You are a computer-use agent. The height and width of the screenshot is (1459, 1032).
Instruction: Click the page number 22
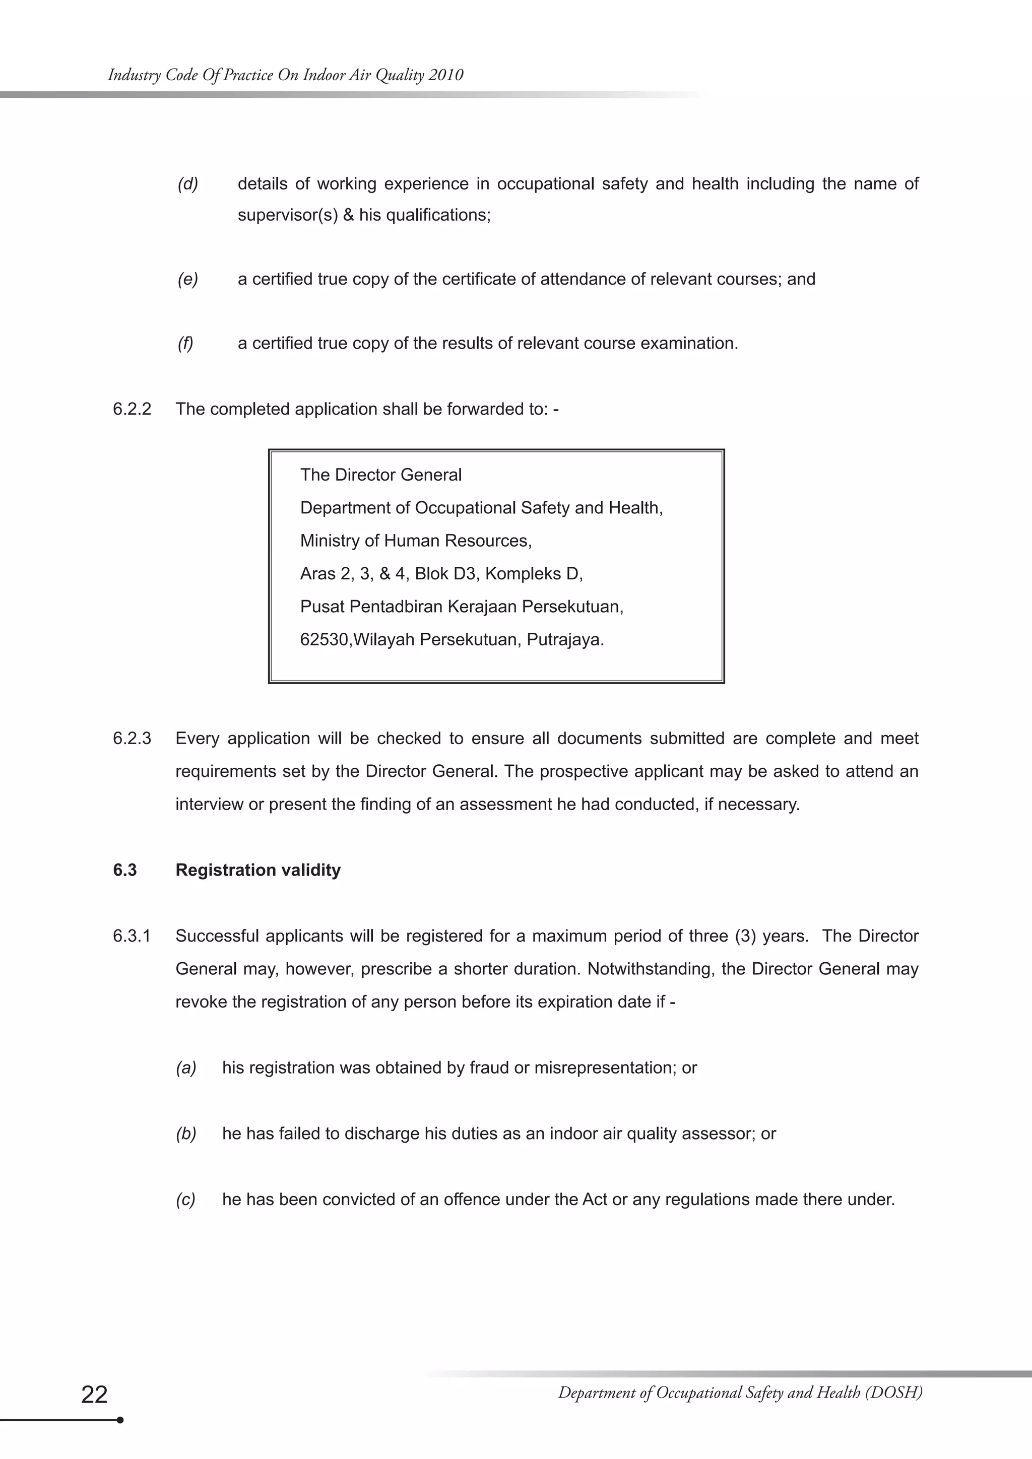point(95,1394)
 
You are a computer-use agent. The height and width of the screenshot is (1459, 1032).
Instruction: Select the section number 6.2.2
point(132,409)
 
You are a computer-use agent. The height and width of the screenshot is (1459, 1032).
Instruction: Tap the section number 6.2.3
point(132,739)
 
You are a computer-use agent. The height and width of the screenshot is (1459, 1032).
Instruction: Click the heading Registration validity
point(258,870)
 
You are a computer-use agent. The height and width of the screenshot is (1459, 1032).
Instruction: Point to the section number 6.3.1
point(132,936)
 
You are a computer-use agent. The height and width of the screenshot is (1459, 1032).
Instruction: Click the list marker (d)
point(187,184)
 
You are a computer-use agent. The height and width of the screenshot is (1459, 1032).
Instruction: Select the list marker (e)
point(187,279)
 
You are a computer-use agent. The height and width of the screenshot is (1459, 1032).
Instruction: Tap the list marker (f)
point(185,343)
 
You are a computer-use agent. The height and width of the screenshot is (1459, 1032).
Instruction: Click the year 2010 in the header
point(445,75)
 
